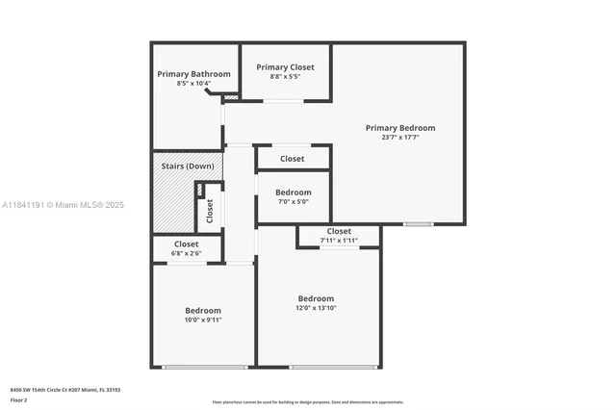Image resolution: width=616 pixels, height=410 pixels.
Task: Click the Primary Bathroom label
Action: (x=194, y=74)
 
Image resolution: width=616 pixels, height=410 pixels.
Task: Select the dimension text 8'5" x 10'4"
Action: (x=194, y=84)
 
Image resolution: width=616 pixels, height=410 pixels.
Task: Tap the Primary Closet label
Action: (x=285, y=67)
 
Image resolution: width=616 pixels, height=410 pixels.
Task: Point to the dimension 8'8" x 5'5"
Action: (x=285, y=77)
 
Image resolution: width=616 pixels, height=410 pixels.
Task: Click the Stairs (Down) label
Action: (x=188, y=167)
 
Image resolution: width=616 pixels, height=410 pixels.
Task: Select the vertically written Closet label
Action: (x=210, y=211)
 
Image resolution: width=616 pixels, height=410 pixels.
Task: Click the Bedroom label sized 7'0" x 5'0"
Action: (x=294, y=192)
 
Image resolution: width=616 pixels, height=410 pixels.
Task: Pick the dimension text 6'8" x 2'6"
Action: (x=187, y=254)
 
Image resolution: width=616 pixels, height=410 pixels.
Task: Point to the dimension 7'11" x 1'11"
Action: (x=339, y=240)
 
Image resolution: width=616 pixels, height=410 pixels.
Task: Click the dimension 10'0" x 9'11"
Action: (x=203, y=320)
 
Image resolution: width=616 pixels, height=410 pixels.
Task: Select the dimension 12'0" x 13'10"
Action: (x=316, y=308)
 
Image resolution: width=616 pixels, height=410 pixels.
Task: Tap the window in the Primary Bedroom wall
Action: (x=418, y=224)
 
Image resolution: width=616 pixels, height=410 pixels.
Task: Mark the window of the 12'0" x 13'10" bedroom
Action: (x=333, y=367)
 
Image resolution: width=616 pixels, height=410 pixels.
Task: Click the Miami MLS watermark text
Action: (x=64, y=205)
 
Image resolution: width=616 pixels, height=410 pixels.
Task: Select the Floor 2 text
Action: (x=19, y=398)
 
